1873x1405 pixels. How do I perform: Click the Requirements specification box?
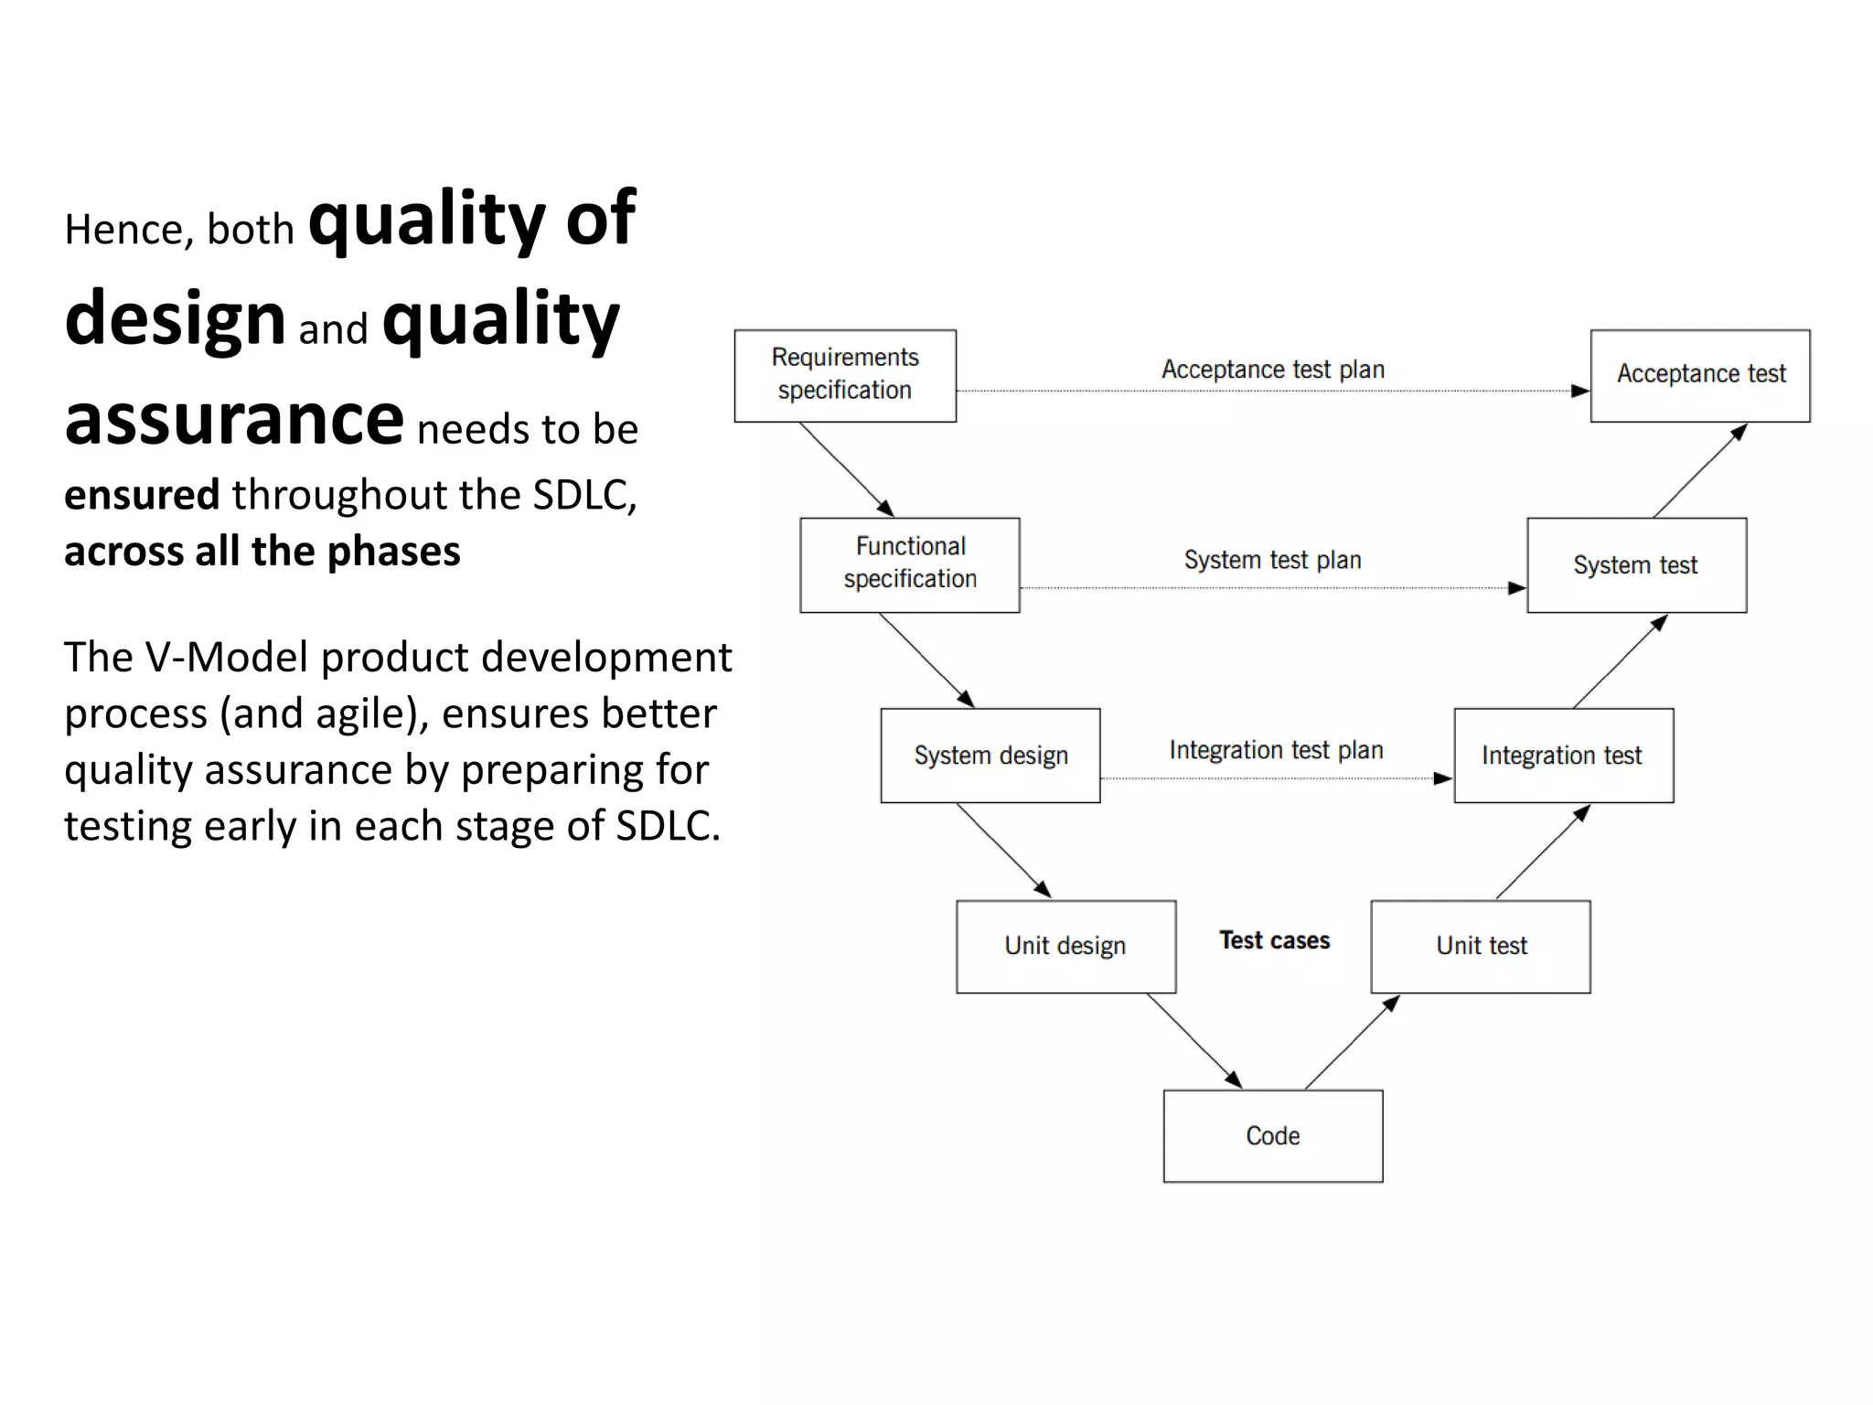click(x=845, y=375)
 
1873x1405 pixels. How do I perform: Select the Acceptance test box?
click(x=1699, y=375)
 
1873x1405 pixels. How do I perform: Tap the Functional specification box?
click(x=909, y=564)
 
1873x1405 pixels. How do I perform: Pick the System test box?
click(x=1636, y=564)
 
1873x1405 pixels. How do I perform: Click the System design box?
click(x=990, y=755)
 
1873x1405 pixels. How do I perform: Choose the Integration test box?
click(x=1563, y=755)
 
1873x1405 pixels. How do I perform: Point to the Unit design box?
click(x=1065, y=946)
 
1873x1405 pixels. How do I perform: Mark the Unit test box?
click(x=1481, y=946)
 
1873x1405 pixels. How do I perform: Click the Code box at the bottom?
click(x=1272, y=1135)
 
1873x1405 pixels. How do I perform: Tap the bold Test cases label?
click(x=1274, y=940)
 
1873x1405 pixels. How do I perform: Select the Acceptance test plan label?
click(x=1273, y=370)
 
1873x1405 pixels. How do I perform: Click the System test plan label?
click(x=1272, y=560)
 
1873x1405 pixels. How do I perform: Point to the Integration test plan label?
click(x=1276, y=750)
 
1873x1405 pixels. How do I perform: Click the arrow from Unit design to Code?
click(x=1193, y=1041)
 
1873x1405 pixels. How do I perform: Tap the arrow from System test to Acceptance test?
click(x=1699, y=470)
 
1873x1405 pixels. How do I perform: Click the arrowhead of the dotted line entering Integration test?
click(x=1443, y=778)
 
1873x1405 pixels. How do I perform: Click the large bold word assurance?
click(x=234, y=419)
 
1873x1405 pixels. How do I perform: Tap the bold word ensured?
click(x=142, y=495)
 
